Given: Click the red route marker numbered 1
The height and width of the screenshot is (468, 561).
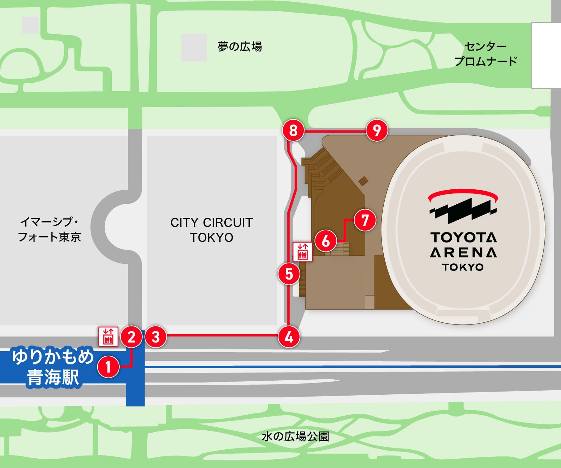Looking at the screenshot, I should coord(108,367).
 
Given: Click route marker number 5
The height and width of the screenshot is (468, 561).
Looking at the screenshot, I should coord(289,274).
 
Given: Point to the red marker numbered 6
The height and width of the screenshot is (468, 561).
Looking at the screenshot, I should coord(326,241).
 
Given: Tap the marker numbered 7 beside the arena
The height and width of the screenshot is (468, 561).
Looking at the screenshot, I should coord(365,220).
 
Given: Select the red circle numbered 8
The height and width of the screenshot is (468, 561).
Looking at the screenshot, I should coord(293,130).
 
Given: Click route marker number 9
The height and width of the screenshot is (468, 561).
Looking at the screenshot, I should coord(377,130).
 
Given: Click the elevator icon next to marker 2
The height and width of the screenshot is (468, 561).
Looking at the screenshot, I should coord(108,337).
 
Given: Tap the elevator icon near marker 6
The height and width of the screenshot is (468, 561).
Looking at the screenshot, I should coord(302,251).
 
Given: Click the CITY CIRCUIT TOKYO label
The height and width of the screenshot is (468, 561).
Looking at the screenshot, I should coord(212,230).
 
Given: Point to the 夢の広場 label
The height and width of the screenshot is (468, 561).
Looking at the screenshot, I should coord(239,47).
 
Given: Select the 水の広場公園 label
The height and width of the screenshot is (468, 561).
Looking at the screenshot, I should coord(295,436).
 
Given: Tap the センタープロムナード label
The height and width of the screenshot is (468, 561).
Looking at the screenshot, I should coord(486,54).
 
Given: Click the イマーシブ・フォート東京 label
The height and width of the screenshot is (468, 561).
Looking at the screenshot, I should coord(50,230).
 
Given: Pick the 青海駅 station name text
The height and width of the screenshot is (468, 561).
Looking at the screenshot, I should coord(53,378).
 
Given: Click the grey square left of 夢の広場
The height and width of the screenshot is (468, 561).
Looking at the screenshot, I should coord(194,47).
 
